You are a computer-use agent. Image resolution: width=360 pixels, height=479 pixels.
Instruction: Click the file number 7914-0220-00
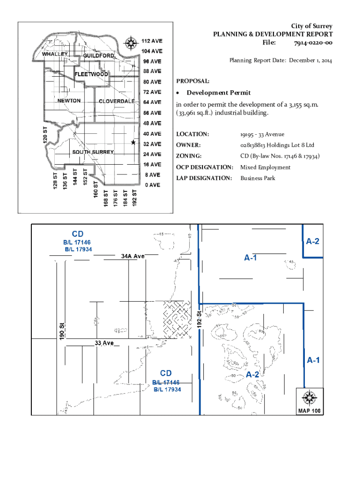coord(313,43)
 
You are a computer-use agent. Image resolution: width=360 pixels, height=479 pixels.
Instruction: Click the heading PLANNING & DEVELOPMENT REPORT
coord(273,34)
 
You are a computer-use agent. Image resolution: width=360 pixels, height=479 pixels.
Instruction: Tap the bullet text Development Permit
coord(218,93)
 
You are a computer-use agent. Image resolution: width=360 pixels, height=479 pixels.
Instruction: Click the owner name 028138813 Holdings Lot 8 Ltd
coord(277,145)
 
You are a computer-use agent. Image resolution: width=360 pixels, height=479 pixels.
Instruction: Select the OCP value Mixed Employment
coord(265,167)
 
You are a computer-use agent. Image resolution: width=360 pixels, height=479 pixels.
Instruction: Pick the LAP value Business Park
coord(258,178)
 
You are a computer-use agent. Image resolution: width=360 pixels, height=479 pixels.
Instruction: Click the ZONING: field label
coord(189,156)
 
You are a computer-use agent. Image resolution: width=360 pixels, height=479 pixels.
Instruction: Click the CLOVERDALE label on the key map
coord(116,102)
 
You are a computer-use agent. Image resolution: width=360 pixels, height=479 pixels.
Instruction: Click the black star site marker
coord(133,142)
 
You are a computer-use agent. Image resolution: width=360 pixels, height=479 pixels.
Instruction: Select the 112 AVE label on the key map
coord(152,40)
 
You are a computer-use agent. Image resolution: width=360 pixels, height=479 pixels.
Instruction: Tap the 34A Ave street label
coord(133,256)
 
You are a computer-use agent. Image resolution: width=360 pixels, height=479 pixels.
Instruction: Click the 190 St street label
coord(62,331)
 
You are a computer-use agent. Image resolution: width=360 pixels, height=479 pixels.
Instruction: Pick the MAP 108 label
coord(310,411)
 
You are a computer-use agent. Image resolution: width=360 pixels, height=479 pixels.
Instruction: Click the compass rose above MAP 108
coord(310,398)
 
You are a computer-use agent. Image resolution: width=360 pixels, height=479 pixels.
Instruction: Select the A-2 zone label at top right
coord(313,241)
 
